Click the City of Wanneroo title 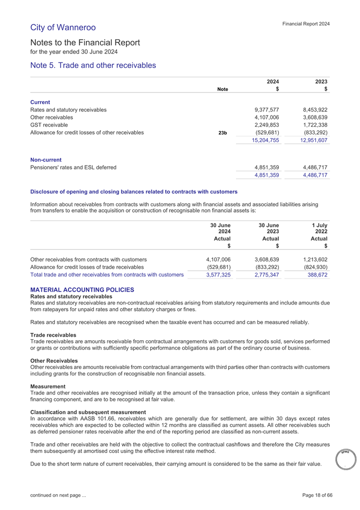tap(63, 27)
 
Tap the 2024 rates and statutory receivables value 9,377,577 tap(267, 109)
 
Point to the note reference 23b tap(223, 132)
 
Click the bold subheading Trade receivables tap(54, 335)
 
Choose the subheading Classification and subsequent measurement tap(88, 412)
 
